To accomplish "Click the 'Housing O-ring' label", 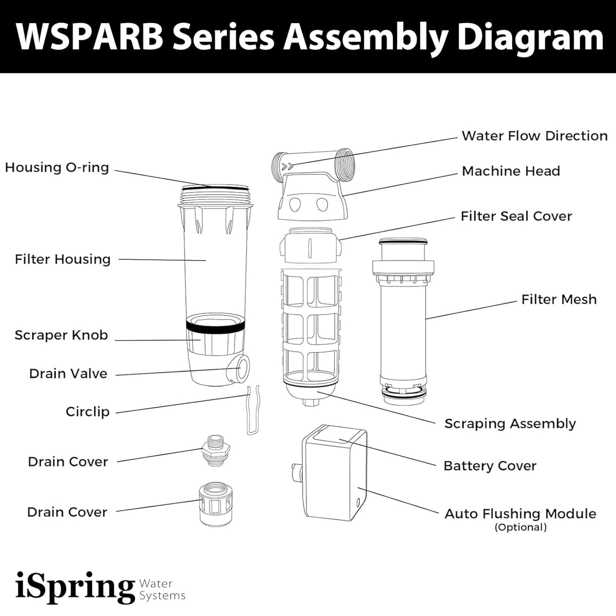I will tap(57, 168).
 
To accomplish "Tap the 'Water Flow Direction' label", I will tap(535, 136).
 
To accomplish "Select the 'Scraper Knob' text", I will tap(61, 335).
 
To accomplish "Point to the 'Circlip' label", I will tap(87, 412).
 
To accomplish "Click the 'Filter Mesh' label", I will tap(559, 300).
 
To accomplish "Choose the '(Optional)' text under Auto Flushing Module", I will tap(521, 527).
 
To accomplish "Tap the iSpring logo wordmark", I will tap(75, 587).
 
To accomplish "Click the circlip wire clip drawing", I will tap(253, 410).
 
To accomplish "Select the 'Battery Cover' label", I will tap(490, 466).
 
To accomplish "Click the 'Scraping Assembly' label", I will tap(510, 424).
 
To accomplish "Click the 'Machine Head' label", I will tap(511, 171).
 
